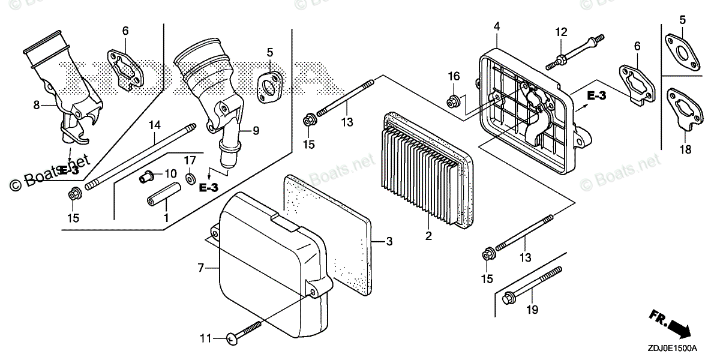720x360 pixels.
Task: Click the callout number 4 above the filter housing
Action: [497, 26]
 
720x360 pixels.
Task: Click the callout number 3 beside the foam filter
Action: [389, 242]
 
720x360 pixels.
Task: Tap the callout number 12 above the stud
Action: [560, 32]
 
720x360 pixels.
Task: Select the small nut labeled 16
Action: [454, 98]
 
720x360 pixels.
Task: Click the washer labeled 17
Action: [190, 178]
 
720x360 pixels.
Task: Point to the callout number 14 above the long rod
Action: [155, 125]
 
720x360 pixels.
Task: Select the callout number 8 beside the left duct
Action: [37, 105]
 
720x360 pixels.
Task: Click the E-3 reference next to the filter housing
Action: [599, 96]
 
